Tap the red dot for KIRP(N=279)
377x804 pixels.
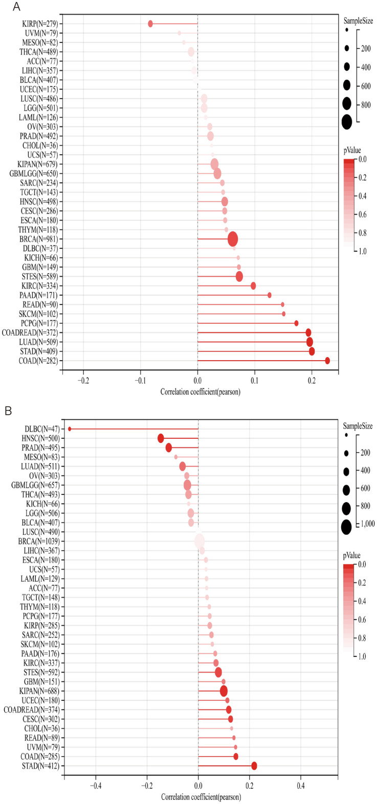[150, 23]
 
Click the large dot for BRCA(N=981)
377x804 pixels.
[233, 239]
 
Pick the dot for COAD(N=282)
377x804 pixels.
[327, 361]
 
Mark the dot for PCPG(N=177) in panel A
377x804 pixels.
[296, 323]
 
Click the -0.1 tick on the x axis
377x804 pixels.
[140, 381]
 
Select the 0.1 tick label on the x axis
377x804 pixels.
[255, 381]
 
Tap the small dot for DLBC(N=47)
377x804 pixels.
[70, 429]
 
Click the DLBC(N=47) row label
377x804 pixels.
[42, 429]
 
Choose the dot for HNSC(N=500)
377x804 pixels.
[161, 438]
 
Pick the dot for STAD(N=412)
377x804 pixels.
[254, 766]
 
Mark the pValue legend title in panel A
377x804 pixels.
[352, 151]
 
